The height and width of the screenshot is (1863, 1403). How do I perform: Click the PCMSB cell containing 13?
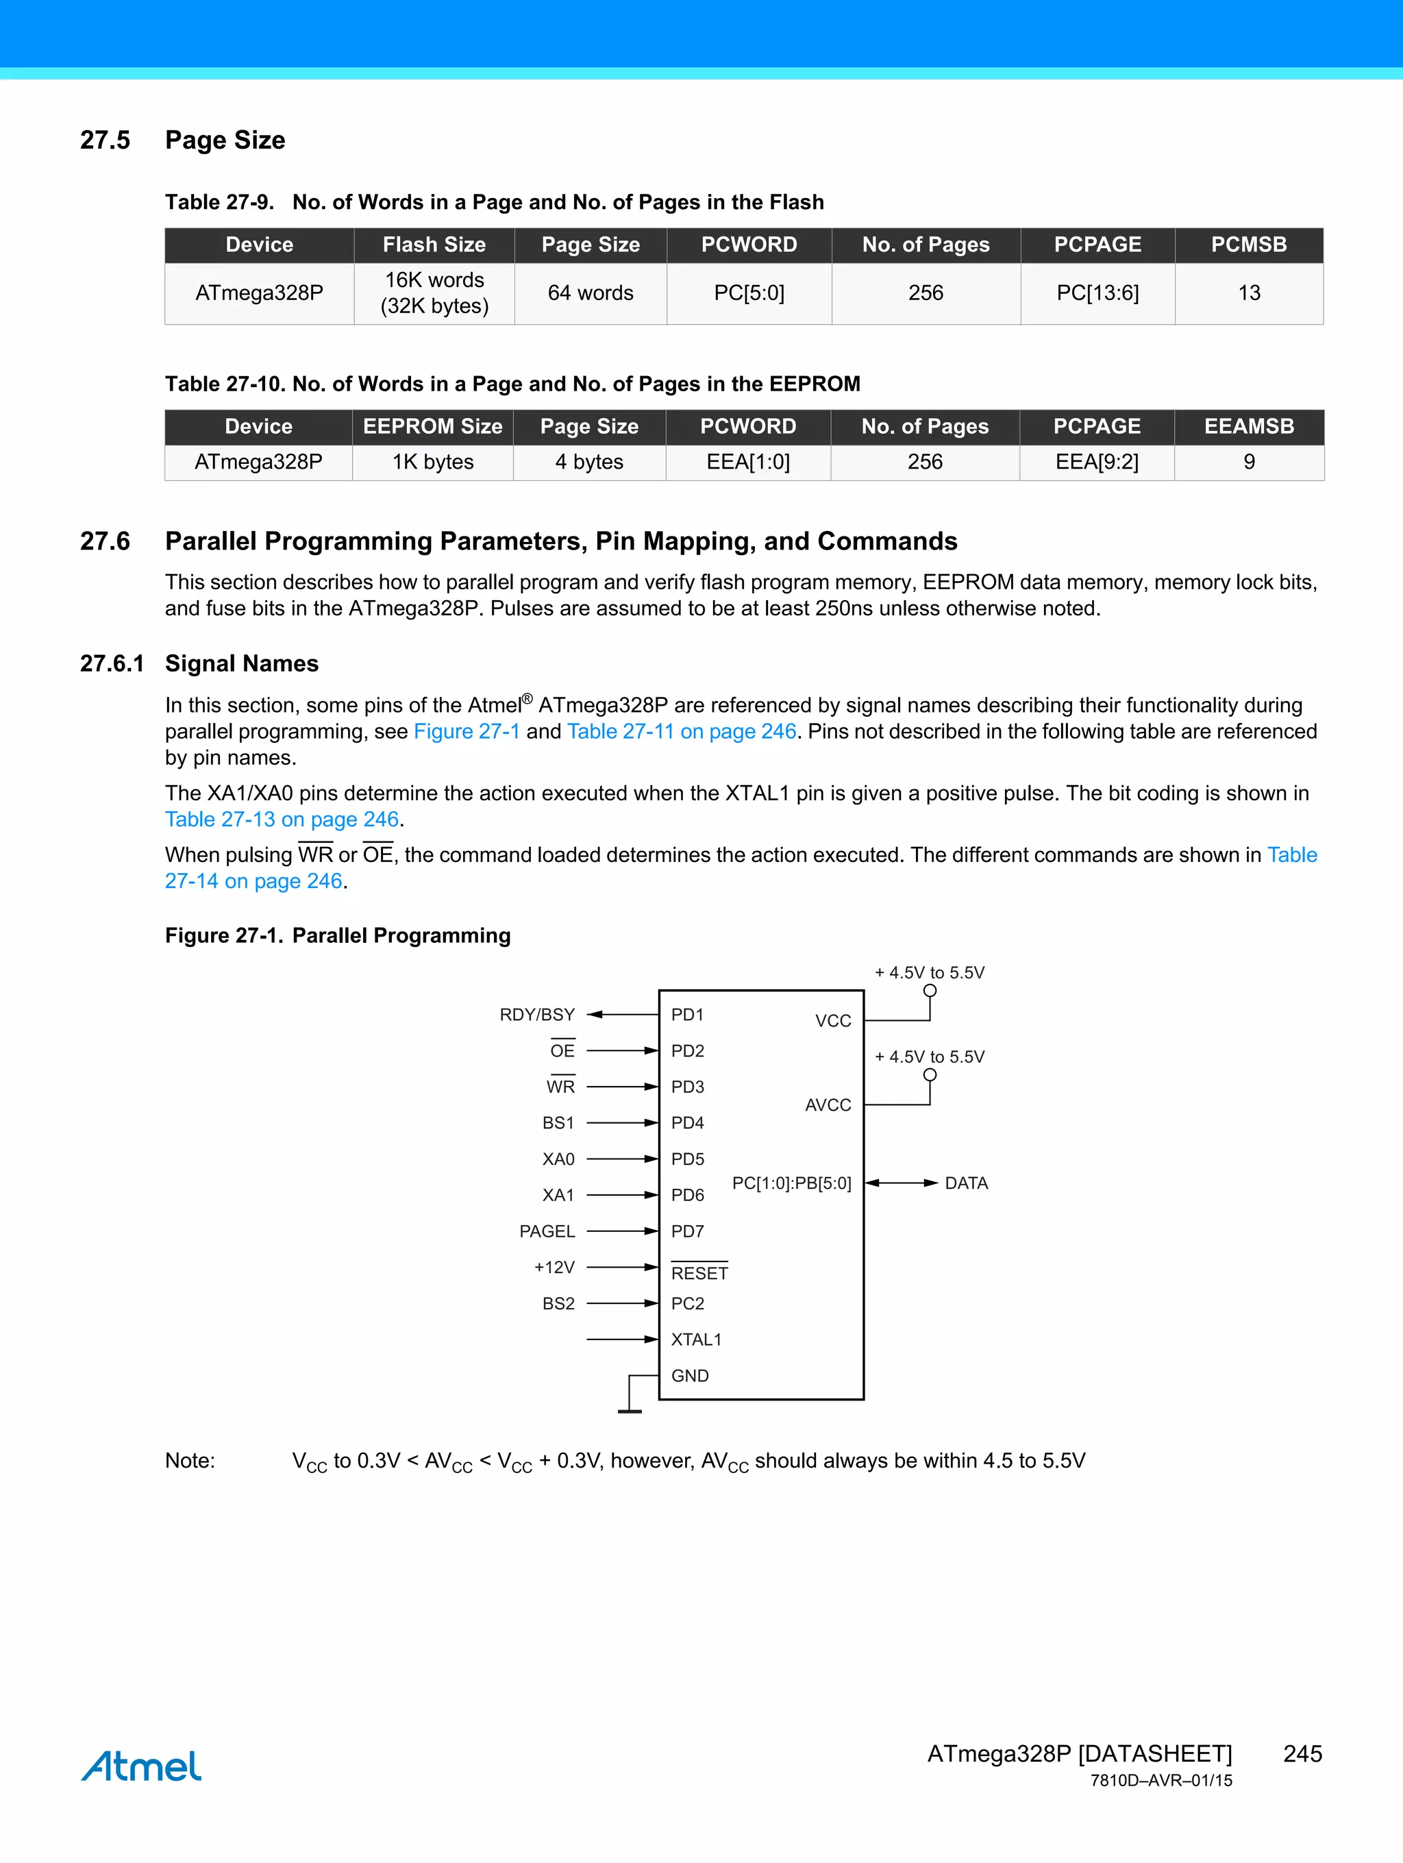coord(1248,293)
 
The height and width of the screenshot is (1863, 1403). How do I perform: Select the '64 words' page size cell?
coord(591,293)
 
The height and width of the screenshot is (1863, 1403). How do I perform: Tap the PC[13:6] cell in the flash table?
coord(1097,293)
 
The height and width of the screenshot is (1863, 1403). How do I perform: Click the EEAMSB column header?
coord(1248,426)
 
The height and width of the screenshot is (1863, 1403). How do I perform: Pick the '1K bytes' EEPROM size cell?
coord(433,462)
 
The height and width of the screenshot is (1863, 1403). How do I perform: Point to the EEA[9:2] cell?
coord(1097,462)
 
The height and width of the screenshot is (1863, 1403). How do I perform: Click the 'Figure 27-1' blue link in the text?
coord(467,731)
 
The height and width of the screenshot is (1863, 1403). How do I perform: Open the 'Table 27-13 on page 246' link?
coord(282,819)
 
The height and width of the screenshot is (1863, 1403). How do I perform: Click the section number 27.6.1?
coord(111,664)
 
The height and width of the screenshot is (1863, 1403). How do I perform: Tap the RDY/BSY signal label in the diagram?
coord(536,1015)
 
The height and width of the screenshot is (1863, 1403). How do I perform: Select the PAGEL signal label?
coord(547,1231)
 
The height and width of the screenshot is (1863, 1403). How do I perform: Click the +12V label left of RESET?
coord(554,1268)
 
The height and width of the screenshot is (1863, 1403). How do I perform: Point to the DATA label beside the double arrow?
coord(966,1183)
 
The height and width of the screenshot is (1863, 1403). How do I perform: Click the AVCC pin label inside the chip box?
coord(827,1105)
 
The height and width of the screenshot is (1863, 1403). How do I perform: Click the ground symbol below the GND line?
coord(629,1410)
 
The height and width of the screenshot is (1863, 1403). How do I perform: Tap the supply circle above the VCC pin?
coord(930,991)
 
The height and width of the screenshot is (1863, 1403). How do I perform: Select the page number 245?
coord(1302,1753)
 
